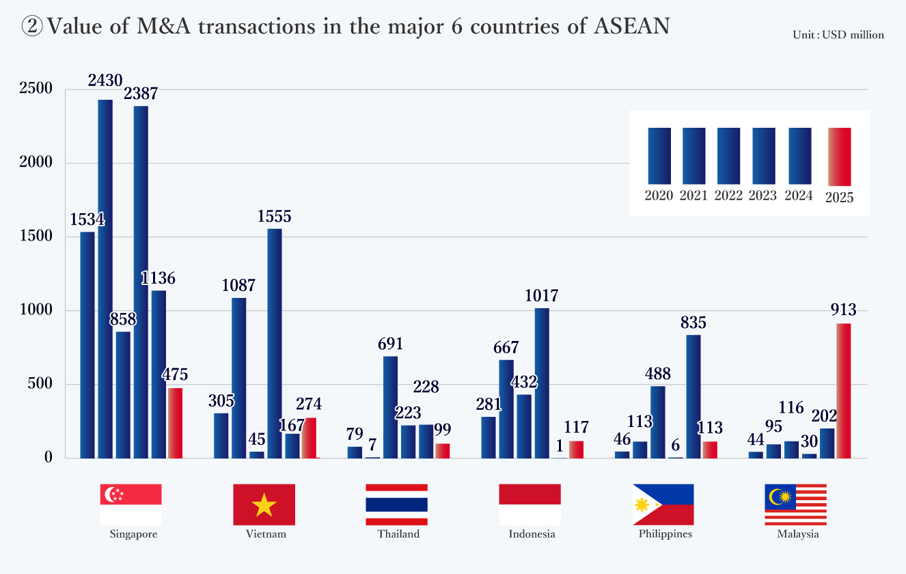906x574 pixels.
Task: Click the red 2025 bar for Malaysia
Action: [x=844, y=390]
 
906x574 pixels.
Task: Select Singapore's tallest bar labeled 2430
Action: [x=105, y=279]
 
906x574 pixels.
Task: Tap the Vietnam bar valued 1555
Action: [x=275, y=343]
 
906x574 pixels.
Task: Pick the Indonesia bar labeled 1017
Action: [x=542, y=383]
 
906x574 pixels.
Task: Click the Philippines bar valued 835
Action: [x=694, y=396]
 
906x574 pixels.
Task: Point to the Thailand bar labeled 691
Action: [x=390, y=407]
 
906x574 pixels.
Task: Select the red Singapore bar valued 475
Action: [x=176, y=423]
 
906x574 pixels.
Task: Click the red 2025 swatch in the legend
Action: [x=839, y=156]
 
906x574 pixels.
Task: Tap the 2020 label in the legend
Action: [x=659, y=196]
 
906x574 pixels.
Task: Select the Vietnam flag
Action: [x=264, y=504]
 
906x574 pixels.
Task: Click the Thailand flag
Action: [x=397, y=504]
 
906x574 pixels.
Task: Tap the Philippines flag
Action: [x=663, y=504]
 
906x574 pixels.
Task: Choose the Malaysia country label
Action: [x=797, y=534]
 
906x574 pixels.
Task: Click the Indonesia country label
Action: [x=532, y=534]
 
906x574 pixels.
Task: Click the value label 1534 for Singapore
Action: [x=87, y=220]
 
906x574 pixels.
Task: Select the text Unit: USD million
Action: [x=838, y=35]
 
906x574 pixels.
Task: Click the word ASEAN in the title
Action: [x=632, y=26]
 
